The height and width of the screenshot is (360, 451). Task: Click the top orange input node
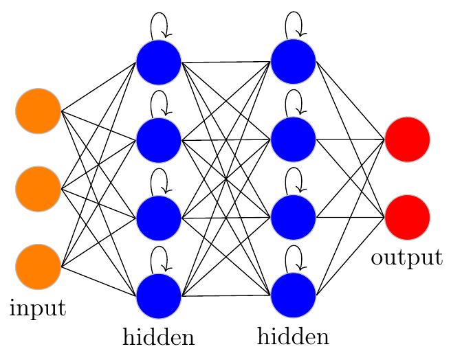38,111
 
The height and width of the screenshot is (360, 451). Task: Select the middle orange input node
38,188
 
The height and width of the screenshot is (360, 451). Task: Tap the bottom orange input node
38,266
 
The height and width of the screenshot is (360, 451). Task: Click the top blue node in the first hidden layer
158,62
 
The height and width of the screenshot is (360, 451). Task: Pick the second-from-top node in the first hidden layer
158,139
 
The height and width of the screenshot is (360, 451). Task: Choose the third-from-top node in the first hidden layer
158,218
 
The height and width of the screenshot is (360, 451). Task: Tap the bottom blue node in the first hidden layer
158,296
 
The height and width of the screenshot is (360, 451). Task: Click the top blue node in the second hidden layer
294,62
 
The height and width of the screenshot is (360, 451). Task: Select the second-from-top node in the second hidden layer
294,139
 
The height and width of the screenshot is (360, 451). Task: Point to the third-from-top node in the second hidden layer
294,218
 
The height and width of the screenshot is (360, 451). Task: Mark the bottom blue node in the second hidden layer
294,296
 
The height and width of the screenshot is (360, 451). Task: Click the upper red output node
407,139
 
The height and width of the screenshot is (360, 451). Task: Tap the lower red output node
407,218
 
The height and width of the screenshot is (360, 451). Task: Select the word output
406,258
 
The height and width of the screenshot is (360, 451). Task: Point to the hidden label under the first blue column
158,337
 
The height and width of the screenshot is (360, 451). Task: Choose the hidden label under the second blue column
293,337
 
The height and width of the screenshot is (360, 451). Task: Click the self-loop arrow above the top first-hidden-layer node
159,25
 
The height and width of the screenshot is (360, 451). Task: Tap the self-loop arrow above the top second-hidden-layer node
295,25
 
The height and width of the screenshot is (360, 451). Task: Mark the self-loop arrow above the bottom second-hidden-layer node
295,258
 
